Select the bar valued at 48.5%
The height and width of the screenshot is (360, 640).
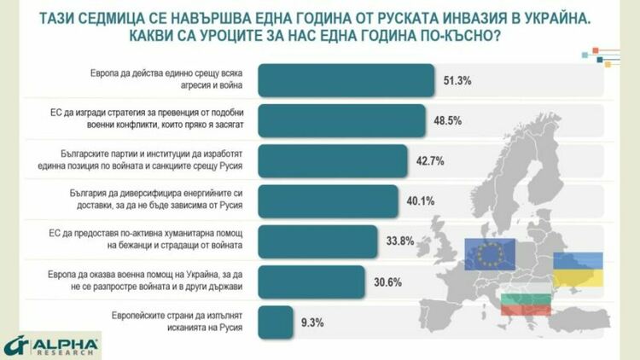point(341,120)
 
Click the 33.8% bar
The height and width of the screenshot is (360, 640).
point(316,241)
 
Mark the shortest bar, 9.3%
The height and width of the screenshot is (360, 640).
point(274,321)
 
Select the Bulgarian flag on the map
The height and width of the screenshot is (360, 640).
point(524,300)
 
